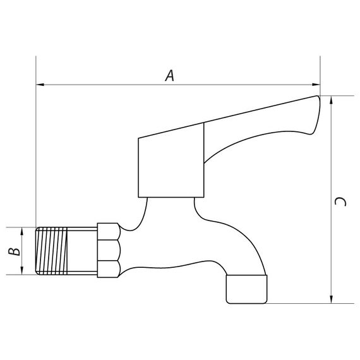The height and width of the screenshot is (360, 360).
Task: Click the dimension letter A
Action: [x=169, y=76]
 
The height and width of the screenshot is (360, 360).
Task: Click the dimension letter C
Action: [x=340, y=201]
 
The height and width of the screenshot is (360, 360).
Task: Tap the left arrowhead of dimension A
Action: [x=40, y=84]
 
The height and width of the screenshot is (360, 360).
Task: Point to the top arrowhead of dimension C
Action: [x=332, y=100]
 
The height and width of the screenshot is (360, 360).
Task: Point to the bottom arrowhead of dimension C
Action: [x=332, y=299]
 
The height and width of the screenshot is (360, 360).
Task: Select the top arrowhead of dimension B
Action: [x=23, y=230]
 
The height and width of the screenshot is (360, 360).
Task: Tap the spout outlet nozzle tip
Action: [x=247, y=289]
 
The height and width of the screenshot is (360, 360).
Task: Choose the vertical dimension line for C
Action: [x=332, y=158]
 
